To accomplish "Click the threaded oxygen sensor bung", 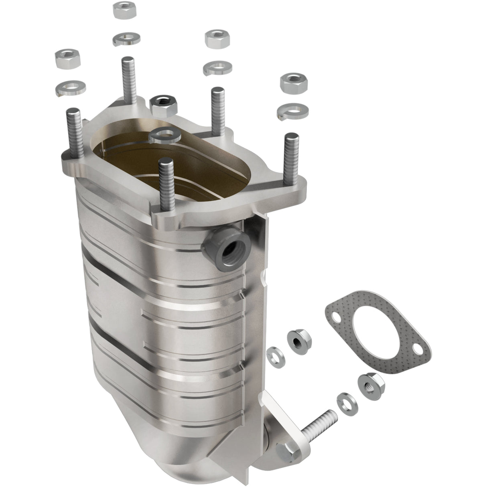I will (228, 251).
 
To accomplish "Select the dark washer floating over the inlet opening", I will (164, 135).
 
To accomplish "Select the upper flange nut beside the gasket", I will (296, 341).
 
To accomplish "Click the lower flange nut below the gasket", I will (366, 382).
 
